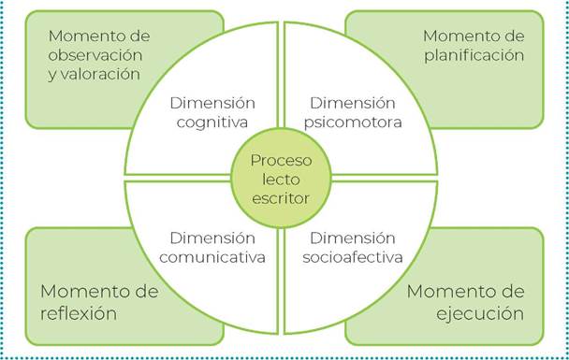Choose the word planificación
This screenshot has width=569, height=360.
point(473,56)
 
